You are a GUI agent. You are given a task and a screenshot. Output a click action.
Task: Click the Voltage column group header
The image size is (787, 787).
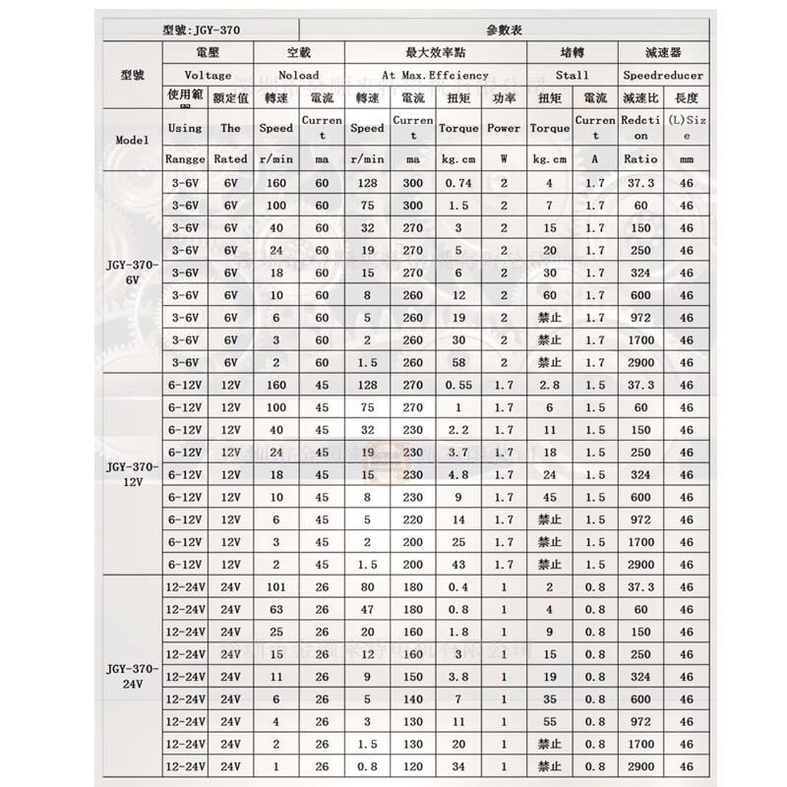tap(208, 75)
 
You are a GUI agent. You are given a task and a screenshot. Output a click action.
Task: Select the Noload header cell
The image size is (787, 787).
tap(298, 75)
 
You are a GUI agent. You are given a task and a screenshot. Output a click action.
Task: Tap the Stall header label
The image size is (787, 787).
tap(572, 75)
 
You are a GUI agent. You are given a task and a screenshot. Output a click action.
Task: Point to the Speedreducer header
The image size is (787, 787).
tap(664, 75)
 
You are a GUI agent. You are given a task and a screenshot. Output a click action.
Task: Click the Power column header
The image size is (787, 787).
tap(504, 128)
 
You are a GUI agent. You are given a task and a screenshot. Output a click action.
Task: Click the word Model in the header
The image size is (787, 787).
tap(132, 140)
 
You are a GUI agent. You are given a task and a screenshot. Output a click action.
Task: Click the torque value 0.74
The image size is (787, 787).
tap(459, 183)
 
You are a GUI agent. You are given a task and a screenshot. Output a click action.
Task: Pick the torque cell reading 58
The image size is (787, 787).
tap(459, 362)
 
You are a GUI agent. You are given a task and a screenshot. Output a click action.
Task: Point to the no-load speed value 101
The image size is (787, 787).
tap(275, 587)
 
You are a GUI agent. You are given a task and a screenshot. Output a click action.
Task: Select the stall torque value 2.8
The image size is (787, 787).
tap(549, 385)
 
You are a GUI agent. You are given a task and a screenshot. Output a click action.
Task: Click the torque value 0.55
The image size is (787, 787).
tap(459, 385)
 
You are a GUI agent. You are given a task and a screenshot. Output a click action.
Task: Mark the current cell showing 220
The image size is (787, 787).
tap(412, 519)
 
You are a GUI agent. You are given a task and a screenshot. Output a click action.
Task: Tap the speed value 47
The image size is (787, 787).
tap(367, 610)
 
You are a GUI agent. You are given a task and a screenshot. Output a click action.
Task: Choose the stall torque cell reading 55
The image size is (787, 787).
tap(549, 721)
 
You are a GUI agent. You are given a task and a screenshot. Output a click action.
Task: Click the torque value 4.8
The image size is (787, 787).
tap(459, 474)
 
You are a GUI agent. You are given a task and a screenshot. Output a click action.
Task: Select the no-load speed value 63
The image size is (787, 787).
tap(275, 610)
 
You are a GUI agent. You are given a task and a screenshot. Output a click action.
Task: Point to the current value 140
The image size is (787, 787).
tap(412, 698)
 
